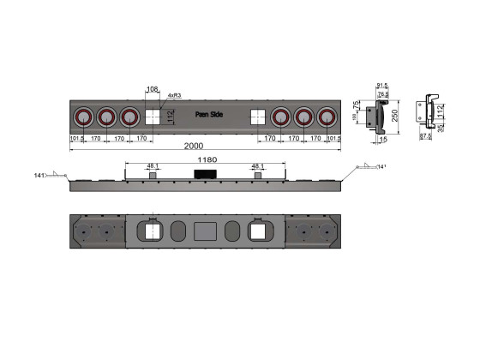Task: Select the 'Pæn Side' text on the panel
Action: pyautogui.click(x=208, y=113)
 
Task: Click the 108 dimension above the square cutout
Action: pyautogui.click(x=153, y=88)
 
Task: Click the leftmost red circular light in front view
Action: pyautogui.click(x=83, y=117)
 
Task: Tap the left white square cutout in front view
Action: pyautogui.click(x=153, y=117)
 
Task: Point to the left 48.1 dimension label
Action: pyautogui.click(x=153, y=166)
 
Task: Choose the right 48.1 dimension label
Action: pyautogui.click(x=257, y=166)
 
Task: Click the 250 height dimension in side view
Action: pyautogui.click(x=394, y=114)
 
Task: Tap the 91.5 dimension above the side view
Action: pyautogui.click(x=382, y=84)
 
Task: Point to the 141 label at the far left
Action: pyautogui.click(x=39, y=176)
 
